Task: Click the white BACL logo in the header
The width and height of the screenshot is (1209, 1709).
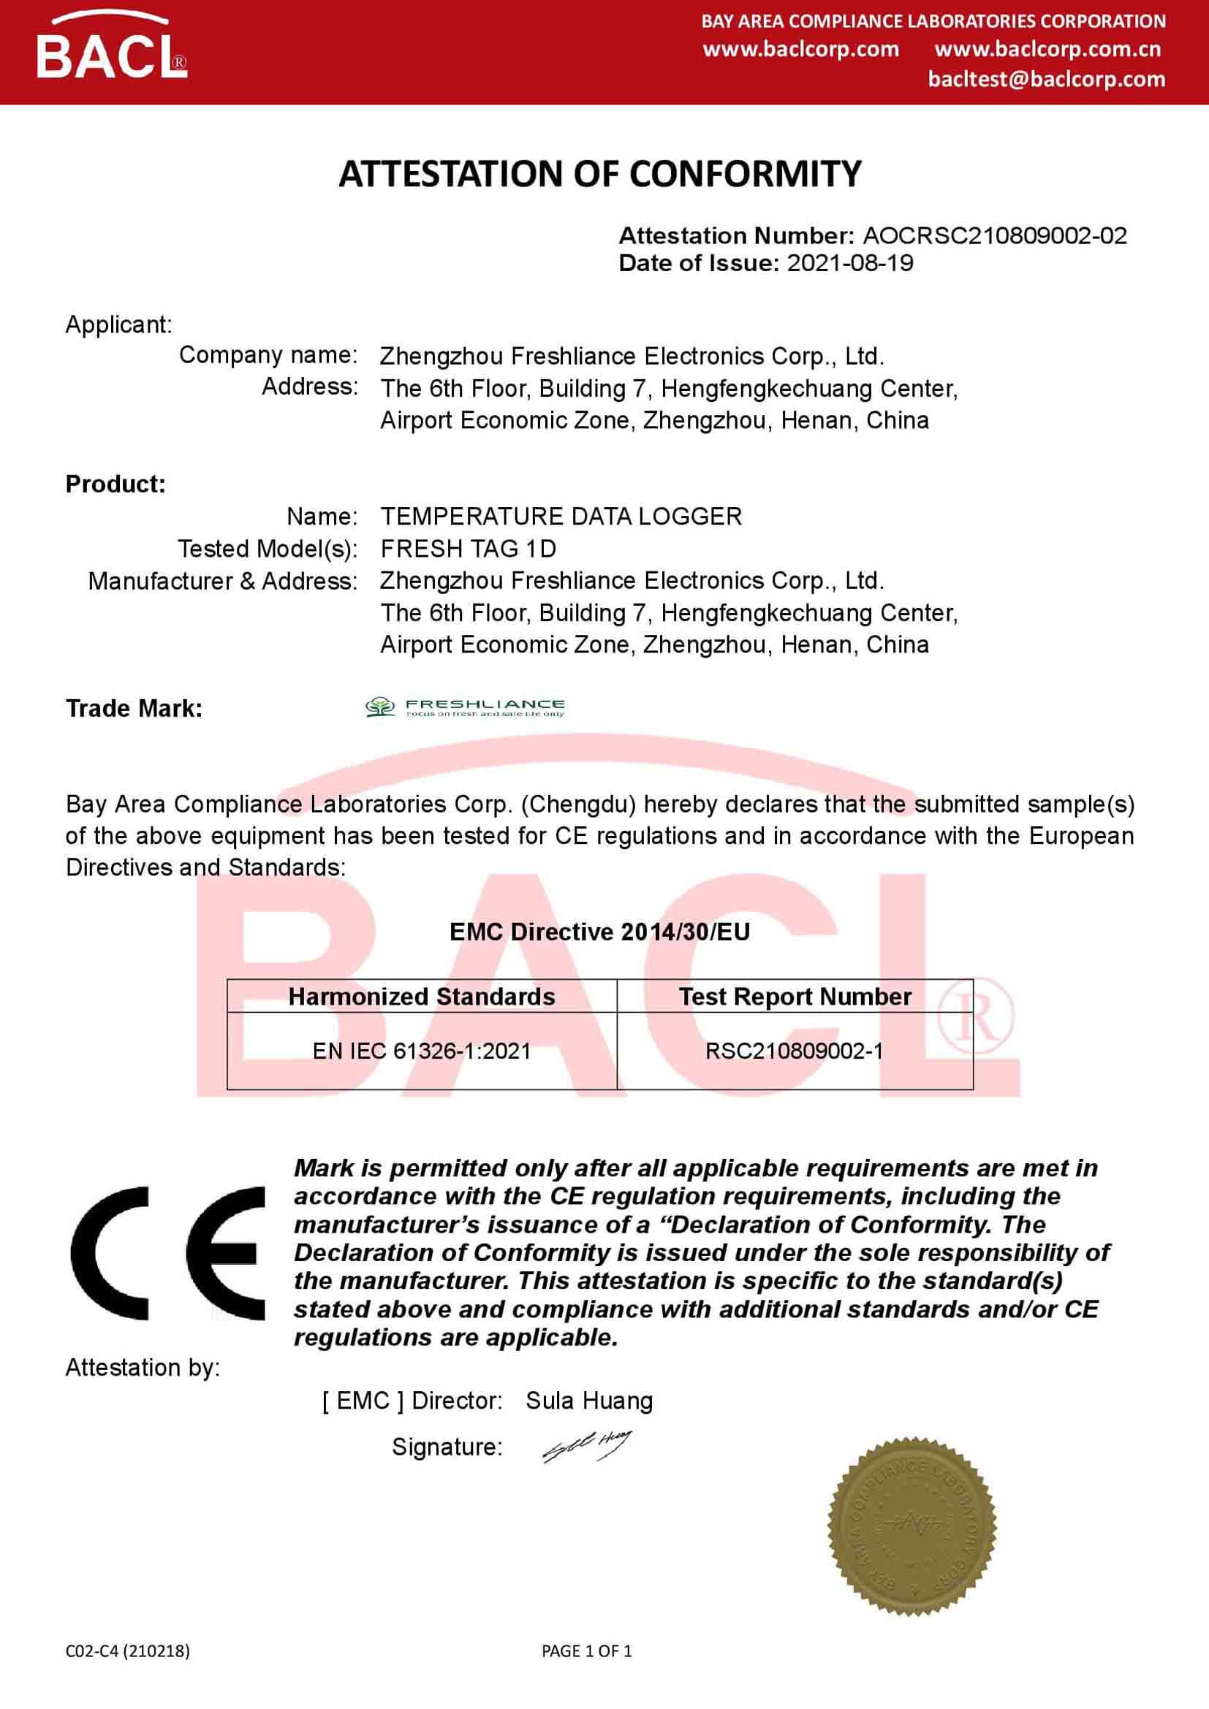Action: [x=111, y=51]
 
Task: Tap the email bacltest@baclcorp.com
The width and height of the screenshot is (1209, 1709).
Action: [x=1046, y=79]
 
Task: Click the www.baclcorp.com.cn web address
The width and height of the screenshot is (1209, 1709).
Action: [x=1047, y=49]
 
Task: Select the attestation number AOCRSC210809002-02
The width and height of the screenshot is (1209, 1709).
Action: [x=995, y=236]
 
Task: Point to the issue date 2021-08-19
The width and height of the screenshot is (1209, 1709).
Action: [x=849, y=263]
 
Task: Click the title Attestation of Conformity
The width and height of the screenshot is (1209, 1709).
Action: [x=600, y=174]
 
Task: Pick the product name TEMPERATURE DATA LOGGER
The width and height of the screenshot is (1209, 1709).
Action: [x=561, y=516]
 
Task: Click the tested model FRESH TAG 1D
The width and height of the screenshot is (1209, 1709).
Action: [x=469, y=549]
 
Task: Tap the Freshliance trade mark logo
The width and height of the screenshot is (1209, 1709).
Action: [x=465, y=707]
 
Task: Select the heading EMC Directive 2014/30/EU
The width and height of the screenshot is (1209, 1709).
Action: [x=600, y=931]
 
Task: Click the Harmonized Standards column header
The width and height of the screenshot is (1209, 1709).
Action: [x=421, y=997]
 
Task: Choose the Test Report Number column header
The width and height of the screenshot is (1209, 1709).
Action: [x=795, y=997]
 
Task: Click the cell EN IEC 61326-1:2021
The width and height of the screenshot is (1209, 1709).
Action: [x=421, y=1051]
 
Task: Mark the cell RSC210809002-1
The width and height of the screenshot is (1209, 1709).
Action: [x=795, y=1051]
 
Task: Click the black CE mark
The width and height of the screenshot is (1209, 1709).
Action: [x=168, y=1255]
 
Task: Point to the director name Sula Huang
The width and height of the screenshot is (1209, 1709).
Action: [x=589, y=1400]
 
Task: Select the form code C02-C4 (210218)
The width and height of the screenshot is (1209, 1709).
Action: [x=127, y=1651]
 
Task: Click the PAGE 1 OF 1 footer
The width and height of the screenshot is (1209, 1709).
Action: [x=587, y=1651]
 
